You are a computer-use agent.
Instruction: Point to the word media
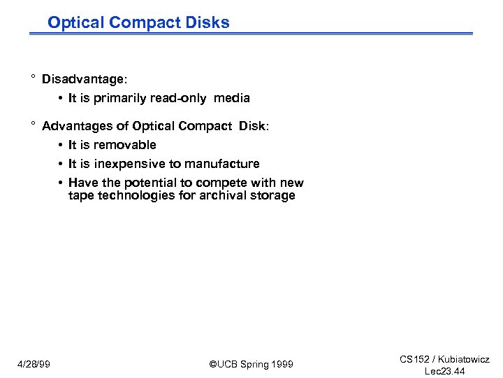click(x=232, y=98)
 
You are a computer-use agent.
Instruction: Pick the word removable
click(x=125, y=145)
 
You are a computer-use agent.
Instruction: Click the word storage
click(x=273, y=195)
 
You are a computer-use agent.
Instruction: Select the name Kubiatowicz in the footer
click(x=465, y=359)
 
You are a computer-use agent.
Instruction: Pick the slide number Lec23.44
click(x=444, y=371)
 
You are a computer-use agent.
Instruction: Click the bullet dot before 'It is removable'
click(x=61, y=145)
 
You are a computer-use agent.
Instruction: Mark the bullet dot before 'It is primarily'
click(x=61, y=98)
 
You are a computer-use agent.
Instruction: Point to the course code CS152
click(x=414, y=359)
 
